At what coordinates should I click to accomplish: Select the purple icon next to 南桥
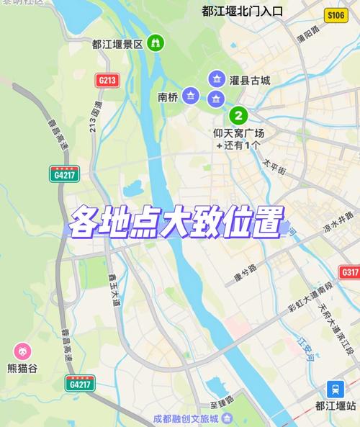190,95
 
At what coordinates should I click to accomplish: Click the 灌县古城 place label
250,80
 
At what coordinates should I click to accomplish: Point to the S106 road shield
335,14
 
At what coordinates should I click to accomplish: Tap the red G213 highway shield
107,81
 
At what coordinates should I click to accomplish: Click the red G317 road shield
349,272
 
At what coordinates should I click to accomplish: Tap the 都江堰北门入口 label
242,11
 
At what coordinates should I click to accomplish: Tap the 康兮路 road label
244,275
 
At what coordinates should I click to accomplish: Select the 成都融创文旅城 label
184,418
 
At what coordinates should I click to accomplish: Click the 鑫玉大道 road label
115,292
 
